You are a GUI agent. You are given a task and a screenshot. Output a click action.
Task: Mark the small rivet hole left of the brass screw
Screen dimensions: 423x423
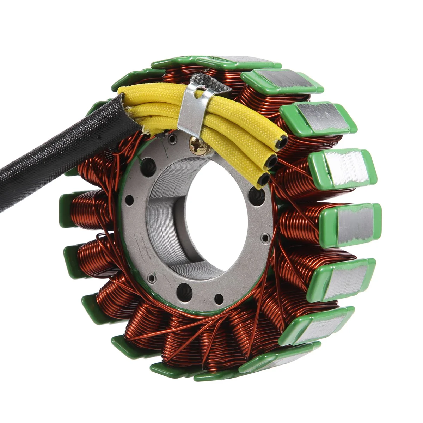pos(172,139)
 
